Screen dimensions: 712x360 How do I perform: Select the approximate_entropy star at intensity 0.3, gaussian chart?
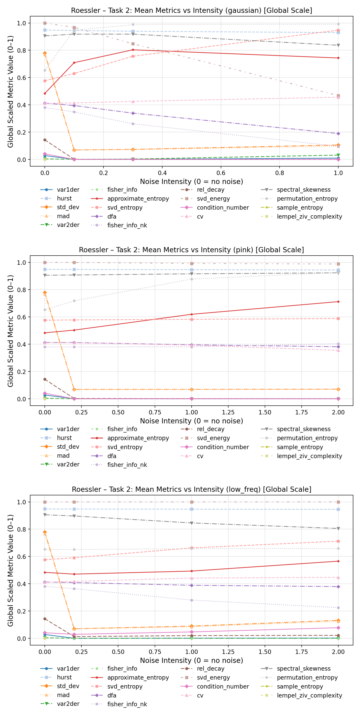pyautogui.click(x=133, y=50)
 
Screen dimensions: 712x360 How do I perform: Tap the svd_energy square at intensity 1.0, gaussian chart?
pyautogui.click(x=338, y=96)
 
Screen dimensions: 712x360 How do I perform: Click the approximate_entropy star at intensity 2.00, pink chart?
pyautogui.click(x=338, y=301)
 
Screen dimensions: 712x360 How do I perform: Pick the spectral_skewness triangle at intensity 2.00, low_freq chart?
pyautogui.click(x=338, y=528)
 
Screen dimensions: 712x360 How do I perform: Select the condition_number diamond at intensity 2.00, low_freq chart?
pyautogui.click(x=338, y=628)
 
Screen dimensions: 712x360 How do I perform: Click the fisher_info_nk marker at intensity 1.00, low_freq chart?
pyautogui.click(x=191, y=600)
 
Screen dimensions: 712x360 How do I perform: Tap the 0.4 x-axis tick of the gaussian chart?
pyautogui.click(x=162, y=173)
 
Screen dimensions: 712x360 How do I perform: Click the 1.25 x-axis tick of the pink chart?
pyautogui.click(x=228, y=412)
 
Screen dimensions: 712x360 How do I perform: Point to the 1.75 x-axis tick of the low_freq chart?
pyautogui.click(x=301, y=652)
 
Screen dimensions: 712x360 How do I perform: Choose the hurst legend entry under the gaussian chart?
pyautogui.click(x=64, y=198)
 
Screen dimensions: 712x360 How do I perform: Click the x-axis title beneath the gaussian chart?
pyautogui.click(x=191, y=182)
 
